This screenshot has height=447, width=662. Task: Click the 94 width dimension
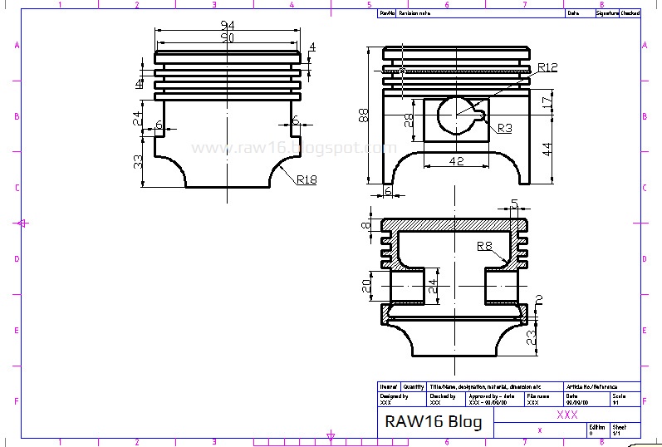pos(227,25)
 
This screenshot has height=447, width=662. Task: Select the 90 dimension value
pos(227,38)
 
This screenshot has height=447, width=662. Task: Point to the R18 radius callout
pos(305,179)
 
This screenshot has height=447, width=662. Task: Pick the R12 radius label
pos(547,67)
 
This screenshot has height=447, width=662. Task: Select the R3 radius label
pos(505,129)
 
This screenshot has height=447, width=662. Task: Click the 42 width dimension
pos(456,161)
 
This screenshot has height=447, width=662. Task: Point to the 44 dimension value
pos(547,149)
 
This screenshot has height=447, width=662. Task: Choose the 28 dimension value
pos(408,120)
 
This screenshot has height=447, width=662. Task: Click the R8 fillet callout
pos(485,245)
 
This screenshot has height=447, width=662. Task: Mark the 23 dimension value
pos(532,336)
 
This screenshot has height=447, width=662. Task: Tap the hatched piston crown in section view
pos(455,224)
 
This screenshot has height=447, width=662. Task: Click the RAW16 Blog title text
pos(432,421)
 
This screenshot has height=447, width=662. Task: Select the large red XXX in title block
pos(567,414)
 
